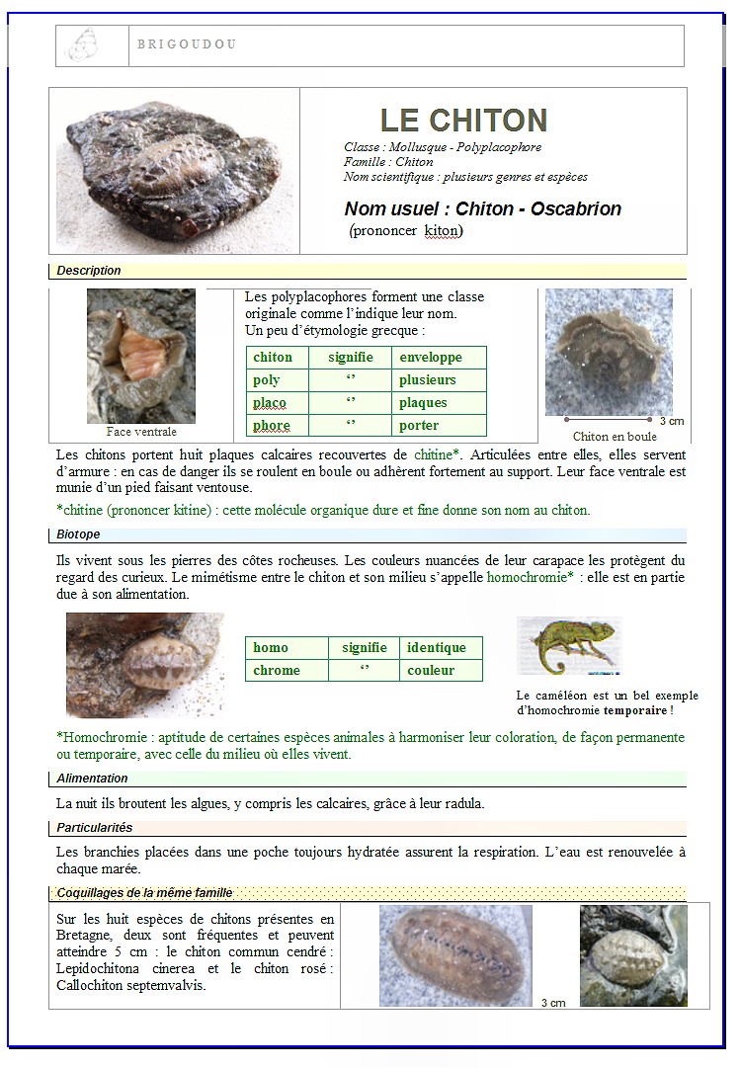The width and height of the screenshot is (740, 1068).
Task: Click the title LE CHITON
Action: click(x=463, y=121)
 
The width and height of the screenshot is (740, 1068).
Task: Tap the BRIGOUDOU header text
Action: click(x=187, y=44)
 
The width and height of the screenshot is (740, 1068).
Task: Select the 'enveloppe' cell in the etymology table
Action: click(x=430, y=357)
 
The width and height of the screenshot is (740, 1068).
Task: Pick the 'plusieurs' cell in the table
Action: click(x=427, y=379)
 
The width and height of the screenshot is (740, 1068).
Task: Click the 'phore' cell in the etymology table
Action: click(x=272, y=426)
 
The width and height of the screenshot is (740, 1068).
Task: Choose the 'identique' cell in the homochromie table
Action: click(x=436, y=648)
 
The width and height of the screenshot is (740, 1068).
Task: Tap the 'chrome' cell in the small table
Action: click(x=277, y=671)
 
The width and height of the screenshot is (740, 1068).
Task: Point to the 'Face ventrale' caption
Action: click(x=141, y=432)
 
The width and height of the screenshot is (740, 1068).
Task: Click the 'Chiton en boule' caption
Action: click(x=615, y=437)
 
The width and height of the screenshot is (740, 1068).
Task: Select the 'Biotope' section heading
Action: click(x=78, y=534)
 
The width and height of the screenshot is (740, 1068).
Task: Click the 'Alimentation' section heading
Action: click(x=92, y=779)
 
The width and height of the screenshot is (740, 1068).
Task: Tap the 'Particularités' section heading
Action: click(x=94, y=828)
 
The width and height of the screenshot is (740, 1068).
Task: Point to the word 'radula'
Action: click(x=462, y=803)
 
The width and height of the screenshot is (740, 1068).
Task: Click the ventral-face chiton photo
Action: click(x=141, y=356)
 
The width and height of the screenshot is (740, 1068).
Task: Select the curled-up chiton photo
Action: click(x=609, y=353)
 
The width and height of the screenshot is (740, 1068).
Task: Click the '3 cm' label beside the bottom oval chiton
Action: click(x=553, y=1003)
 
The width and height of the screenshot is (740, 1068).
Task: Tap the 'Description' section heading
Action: click(x=89, y=271)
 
